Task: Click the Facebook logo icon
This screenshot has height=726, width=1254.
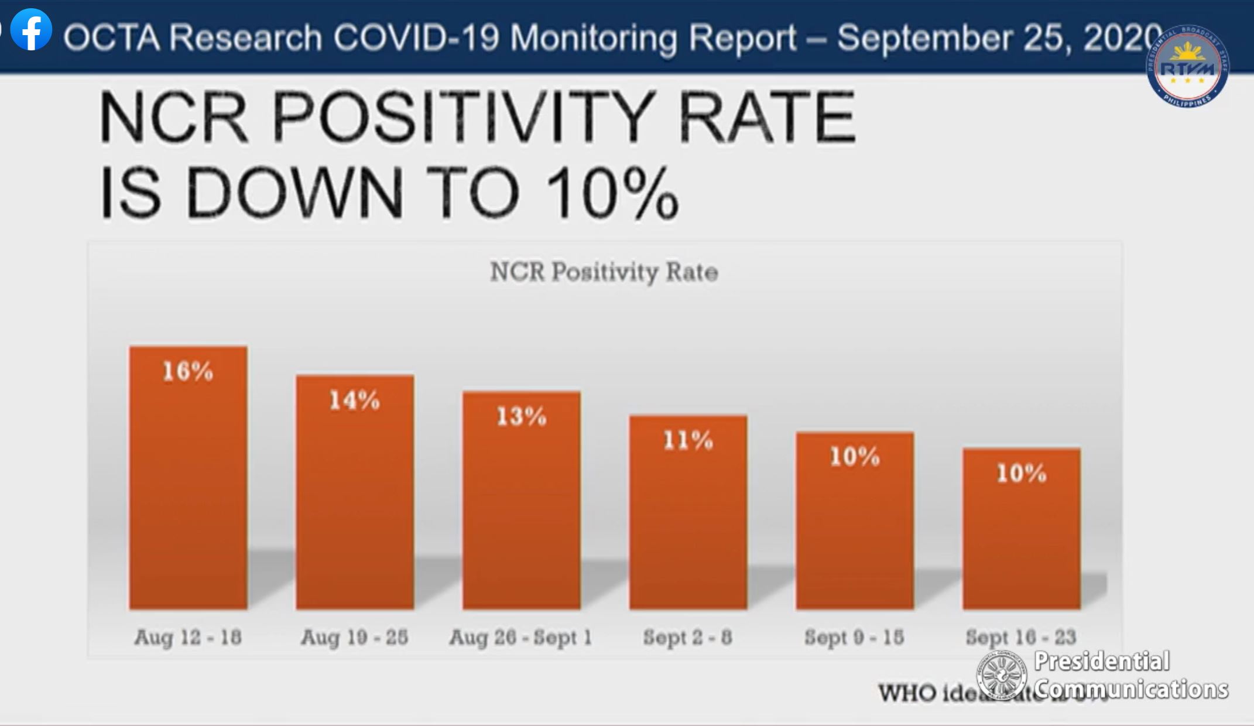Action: tap(31, 30)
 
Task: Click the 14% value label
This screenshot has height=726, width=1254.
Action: tap(354, 400)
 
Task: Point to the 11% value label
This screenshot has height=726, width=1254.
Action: tap(688, 440)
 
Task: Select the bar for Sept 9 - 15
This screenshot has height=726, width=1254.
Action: tap(854, 527)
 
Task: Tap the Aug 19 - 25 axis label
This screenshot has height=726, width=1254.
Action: tap(354, 637)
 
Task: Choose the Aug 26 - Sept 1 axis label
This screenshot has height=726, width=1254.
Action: tap(520, 637)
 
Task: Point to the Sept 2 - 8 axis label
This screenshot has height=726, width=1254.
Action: tap(688, 637)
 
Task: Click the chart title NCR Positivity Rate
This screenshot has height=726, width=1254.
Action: tap(604, 272)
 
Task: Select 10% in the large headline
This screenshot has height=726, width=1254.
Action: tap(612, 193)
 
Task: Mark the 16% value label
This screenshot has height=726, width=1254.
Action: tap(187, 371)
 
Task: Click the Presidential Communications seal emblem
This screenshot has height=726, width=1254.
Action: tap(1001, 675)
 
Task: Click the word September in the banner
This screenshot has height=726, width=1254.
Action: tap(925, 38)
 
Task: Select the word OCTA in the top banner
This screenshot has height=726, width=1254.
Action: tap(111, 38)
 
